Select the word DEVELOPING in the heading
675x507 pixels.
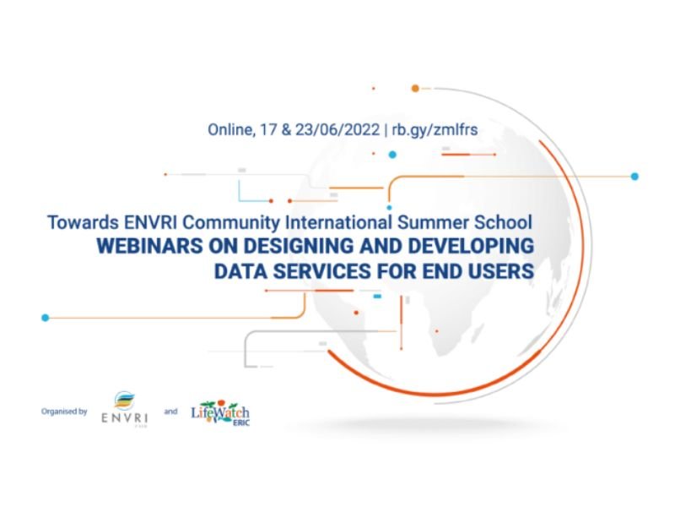471,246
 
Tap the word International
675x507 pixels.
339,222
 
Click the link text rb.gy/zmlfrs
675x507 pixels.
435,130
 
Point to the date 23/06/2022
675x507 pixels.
337,129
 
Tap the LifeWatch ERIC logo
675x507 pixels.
220,412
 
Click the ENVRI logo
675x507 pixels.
124,409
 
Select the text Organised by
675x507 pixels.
64,412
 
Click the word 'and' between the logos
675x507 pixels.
170,412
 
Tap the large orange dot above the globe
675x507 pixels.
415,89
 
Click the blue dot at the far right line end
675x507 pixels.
634,177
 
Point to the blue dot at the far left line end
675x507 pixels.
46,318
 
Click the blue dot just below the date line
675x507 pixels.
392,155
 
